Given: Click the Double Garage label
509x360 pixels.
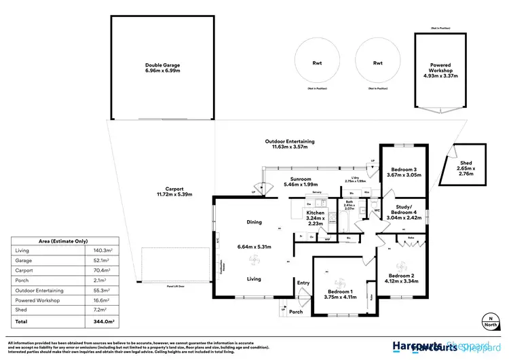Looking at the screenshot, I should (162, 66).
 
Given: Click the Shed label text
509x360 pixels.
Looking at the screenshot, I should (465, 163).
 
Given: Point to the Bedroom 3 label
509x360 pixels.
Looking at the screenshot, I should (404, 169).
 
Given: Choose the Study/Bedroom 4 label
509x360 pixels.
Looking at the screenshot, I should (406, 213).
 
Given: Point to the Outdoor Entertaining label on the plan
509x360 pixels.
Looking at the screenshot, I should (290, 141).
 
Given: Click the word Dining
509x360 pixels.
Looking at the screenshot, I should (254, 222).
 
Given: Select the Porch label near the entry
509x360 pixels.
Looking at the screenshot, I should (296, 312).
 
